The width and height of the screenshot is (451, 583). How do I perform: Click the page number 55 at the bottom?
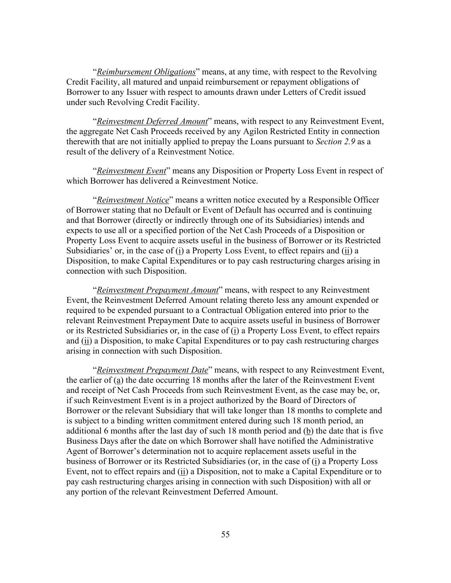coord(225,534)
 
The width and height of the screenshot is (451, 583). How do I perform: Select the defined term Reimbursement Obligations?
coord(146,72)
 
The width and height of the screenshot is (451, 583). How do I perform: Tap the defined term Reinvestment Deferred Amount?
coord(152,121)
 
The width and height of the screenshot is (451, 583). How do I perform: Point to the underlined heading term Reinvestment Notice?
coord(133,200)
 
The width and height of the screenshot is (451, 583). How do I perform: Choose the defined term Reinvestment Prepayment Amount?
coord(158,290)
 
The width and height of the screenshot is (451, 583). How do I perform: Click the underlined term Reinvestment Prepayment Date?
coord(153,370)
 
